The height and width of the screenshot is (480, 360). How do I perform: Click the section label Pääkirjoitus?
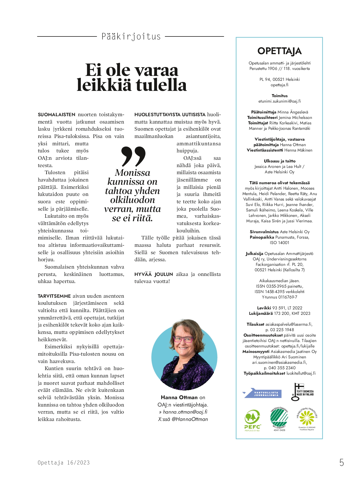click(x=131, y=36)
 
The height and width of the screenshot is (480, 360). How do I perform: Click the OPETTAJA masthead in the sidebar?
click(x=279, y=51)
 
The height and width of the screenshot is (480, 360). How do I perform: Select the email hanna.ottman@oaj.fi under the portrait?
click(x=185, y=412)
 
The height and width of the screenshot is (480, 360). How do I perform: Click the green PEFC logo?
click(x=252, y=420)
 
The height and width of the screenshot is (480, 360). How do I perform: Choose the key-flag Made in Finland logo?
click(x=302, y=392)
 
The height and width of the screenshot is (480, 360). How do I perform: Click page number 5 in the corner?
click(x=341, y=462)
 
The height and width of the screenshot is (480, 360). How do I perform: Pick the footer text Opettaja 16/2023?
click(x=64, y=463)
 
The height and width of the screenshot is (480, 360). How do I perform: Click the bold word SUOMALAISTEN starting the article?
click(x=57, y=115)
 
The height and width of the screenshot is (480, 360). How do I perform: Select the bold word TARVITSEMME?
click(x=54, y=296)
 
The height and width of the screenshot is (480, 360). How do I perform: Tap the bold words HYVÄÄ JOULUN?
click(x=154, y=274)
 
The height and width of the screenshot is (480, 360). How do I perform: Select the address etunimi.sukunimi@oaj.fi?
click(x=279, y=101)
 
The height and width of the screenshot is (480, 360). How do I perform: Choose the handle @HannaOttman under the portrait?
click(x=190, y=419)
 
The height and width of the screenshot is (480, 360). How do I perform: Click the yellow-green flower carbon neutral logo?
click(x=307, y=418)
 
